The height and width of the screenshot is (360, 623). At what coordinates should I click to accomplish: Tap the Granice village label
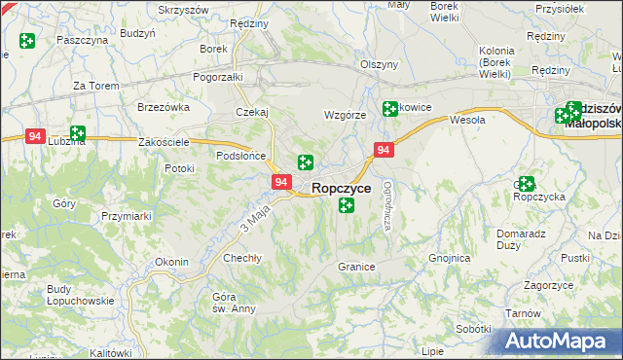tap(356, 267)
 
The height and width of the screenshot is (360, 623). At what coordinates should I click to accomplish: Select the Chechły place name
tap(242, 258)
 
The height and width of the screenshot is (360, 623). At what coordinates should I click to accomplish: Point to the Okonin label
tap(171, 262)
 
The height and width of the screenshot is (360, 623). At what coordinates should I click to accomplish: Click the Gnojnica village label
tap(450, 259)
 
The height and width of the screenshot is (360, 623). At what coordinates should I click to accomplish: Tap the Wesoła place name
tap(467, 121)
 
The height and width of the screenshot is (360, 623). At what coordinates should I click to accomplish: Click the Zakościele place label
tap(164, 142)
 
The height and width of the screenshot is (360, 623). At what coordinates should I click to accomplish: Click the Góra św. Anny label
tap(223, 303)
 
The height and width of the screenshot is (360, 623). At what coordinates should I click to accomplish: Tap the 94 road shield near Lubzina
tap(36, 137)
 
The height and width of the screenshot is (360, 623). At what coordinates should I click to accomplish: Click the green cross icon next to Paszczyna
tap(26, 42)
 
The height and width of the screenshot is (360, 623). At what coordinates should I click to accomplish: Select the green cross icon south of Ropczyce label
tap(346, 205)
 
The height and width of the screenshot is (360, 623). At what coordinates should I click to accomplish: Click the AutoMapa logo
tap(562, 342)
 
